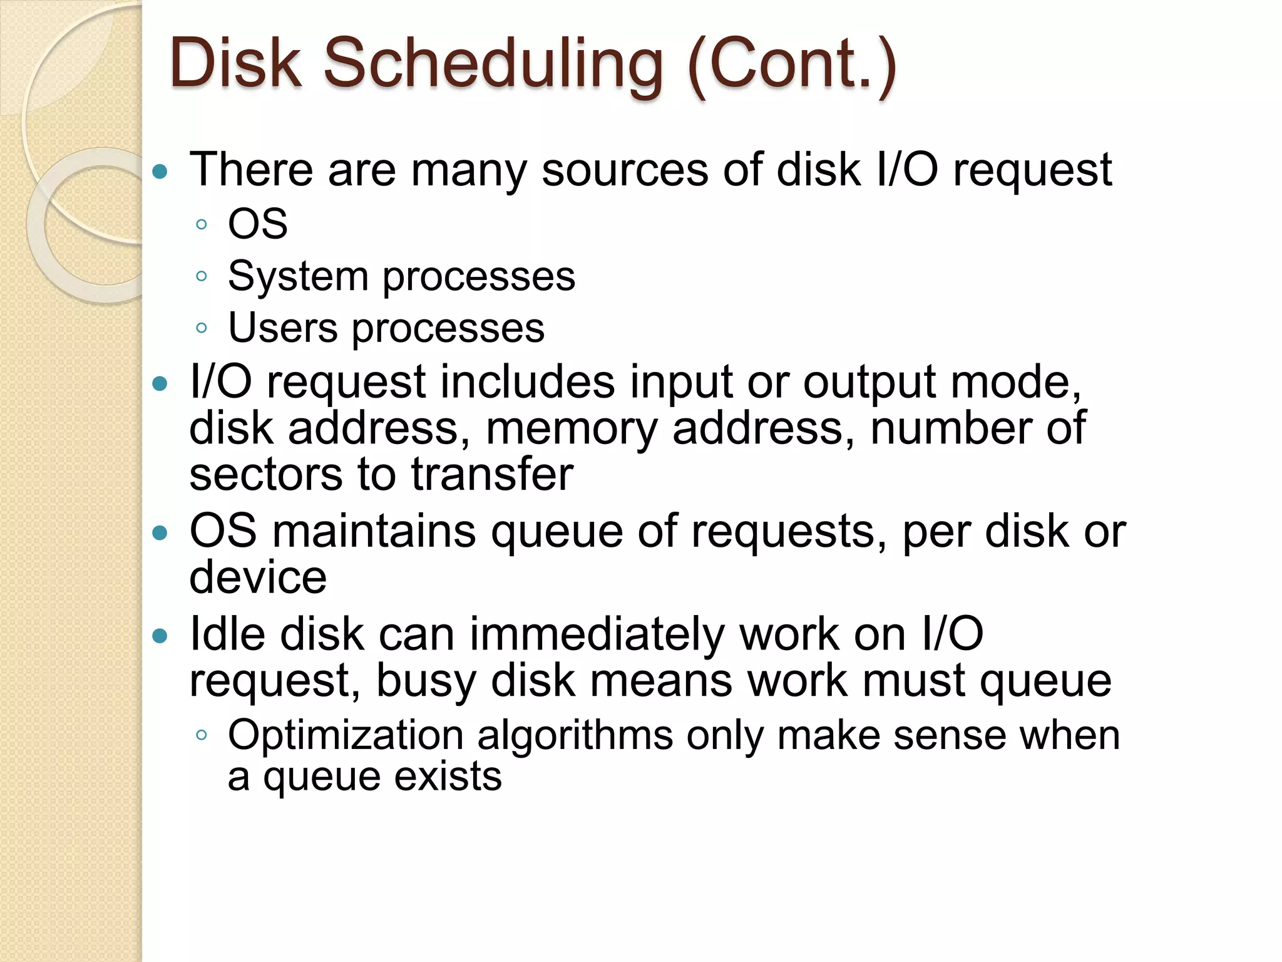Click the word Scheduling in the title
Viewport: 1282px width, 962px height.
pyautogui.click(x=493, y=64)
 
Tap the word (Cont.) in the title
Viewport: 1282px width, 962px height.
pyautogui.click(x=792, y=64)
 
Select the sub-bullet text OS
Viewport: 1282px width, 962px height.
pyautogui.click(x=258, y=224)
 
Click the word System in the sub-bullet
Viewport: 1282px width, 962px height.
pyautogui.click(x=298, y=277)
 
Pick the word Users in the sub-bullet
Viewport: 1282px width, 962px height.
pyautogui.click(x=282, y=328)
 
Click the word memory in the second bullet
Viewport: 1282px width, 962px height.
pyautogui.click(x=572, y=430)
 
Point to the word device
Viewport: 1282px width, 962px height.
pyautogui.click(x=258, y=577)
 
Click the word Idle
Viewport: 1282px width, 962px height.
pyautogui.click(x=227, y=634)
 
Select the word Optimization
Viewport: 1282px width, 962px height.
pyautogui.click(x=346, y=736)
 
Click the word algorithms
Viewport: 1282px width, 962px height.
pyautogui.click(x=575, y=736)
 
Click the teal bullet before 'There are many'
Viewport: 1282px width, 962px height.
pyautogui.click(x=161, y=171)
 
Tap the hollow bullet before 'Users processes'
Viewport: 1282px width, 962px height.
pyautogui.click(x=201, y=328)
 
